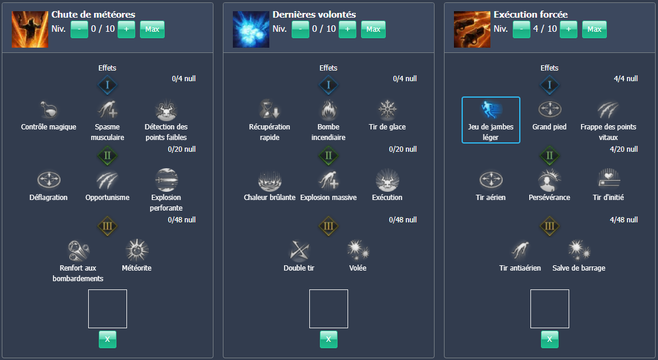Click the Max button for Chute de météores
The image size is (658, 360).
[152, 29]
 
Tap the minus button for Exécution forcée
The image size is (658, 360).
[522, 29]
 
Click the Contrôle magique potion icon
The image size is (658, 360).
[49, 110]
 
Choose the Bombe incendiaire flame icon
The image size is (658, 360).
[328, 110]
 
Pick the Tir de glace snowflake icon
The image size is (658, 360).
[387, 110]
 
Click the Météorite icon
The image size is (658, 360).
[136, 251]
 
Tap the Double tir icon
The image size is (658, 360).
[299, 251]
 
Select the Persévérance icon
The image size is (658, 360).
[549, 180]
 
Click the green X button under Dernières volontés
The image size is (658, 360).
[328, 339]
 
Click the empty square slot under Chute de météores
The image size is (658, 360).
[108, 309]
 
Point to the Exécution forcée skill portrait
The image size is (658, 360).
[472, 29]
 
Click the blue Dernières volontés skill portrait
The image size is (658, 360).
[250, 29]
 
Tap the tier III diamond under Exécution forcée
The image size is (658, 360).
[549, 226]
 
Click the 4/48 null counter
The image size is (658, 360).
[624, 220]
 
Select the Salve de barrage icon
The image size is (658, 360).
[579, 251]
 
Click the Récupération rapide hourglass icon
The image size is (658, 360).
[269, 110]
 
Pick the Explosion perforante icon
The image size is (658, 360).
[166, 180]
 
